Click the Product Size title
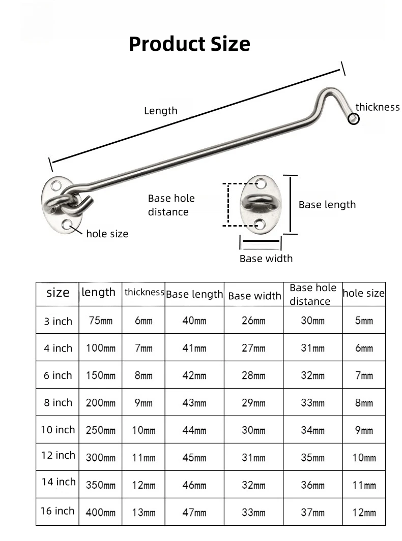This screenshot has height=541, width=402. point(189,44)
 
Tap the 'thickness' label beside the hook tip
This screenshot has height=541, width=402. point(378,107)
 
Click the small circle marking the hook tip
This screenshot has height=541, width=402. point(354,119)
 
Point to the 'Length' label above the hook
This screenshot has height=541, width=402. point(161,111)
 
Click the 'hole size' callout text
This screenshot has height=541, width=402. point(107,234)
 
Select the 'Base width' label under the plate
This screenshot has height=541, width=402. point(266,259)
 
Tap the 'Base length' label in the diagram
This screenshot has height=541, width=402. point(327,205)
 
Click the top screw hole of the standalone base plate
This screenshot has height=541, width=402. point(261,183)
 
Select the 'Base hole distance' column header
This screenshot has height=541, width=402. point(313,294)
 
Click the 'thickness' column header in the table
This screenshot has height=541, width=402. point(144,292)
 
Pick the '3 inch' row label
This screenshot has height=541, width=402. point(58,321)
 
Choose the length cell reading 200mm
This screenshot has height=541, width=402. point(101,403)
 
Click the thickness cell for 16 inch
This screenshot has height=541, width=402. point(144,513)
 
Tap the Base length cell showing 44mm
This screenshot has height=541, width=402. point(194,430)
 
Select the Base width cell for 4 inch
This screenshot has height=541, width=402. point(253,348)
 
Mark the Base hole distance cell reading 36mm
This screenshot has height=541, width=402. point(312,485)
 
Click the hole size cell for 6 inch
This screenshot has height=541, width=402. point(364,375)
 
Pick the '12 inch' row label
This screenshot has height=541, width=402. point(58,455)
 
